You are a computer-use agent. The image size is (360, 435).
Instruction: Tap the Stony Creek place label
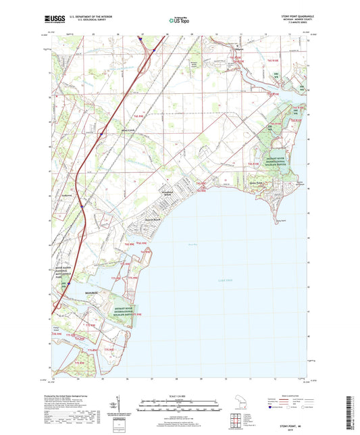(x=128, y=130)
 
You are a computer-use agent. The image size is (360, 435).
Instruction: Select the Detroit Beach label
(x=135, y=218)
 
